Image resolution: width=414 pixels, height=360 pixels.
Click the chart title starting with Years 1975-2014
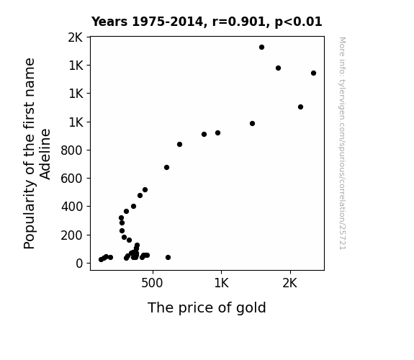207,22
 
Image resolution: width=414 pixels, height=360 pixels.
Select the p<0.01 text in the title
298,22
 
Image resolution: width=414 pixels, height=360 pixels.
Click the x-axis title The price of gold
207,307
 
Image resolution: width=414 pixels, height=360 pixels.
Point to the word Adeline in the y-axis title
45,154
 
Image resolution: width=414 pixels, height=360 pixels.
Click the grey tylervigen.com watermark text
343,143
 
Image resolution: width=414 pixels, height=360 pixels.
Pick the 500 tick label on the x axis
152,283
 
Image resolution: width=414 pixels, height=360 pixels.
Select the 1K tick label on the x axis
221,283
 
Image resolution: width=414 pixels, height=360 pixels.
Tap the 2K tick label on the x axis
290,283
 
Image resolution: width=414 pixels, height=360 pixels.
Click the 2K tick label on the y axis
76,37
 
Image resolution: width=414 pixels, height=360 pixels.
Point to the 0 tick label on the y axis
79,264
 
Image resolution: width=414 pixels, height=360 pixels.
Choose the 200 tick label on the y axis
72,235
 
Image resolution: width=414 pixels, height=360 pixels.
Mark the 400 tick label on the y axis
72,207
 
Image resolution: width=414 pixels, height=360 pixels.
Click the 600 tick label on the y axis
72,179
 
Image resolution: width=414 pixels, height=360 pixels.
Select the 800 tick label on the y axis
72,150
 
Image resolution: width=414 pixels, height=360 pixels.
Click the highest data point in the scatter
261,48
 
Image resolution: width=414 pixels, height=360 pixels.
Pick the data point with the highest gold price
313,73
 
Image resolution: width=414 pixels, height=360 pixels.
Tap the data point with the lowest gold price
101,260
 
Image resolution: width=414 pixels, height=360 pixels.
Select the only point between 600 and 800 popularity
166,168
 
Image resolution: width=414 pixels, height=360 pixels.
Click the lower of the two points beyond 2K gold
300,107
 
